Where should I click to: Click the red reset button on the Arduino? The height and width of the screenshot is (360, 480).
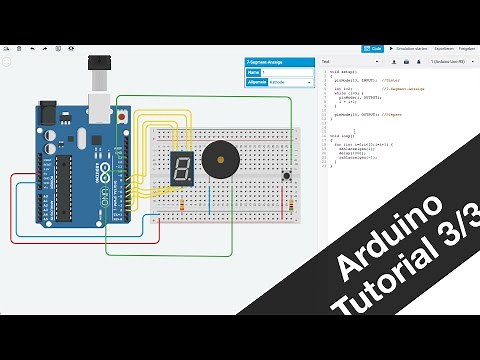pyautogui.click(x=122, y=118)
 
